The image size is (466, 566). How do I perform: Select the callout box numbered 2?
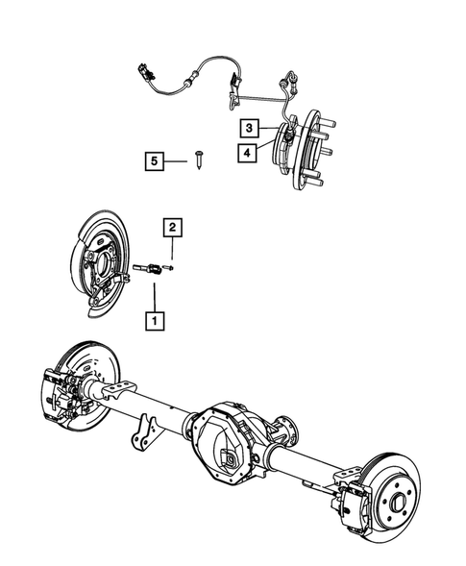[171, 227]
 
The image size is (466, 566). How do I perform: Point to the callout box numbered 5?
[151, 160]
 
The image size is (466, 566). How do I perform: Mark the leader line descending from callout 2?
[171, 251]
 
